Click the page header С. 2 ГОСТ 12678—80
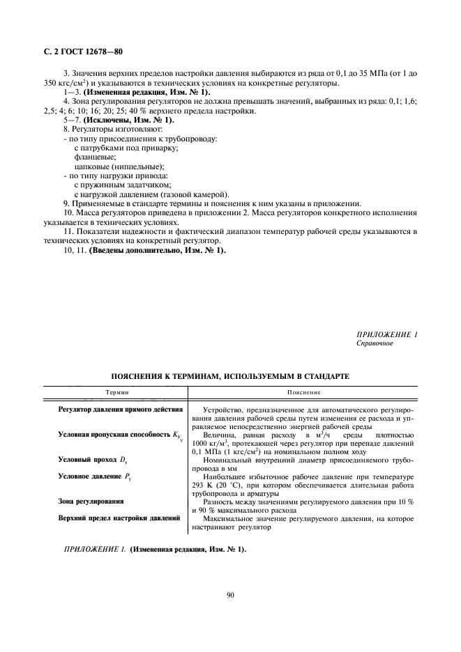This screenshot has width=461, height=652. pyautogui.click(x=83, y=52)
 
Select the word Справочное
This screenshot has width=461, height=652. pyautogui.click(x=375, y=343)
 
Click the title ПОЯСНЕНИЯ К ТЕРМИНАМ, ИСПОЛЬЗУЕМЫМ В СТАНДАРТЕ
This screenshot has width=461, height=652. pyautogui.click(x=230, y=376)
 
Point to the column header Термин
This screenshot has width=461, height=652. pyautogui.click(x=113, y=393)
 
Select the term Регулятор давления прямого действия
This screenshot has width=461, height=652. pyautogui.click(x=120, y=409)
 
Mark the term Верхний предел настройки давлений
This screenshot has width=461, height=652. pyautogui.click(x=119, y=518)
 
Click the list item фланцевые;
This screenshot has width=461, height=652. pyautogui.click(x=95, y=157)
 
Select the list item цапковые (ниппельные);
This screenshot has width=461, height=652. pyautogui.click(x=119, y=166)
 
